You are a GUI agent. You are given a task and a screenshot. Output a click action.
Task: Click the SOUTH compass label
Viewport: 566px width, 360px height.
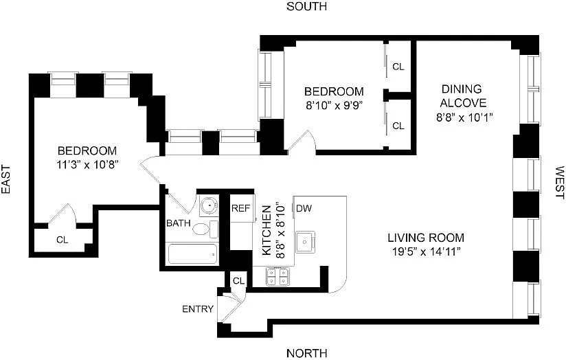click(x=306, y=6)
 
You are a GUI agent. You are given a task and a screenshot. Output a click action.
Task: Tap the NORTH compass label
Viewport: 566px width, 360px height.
click(x=307, y=352)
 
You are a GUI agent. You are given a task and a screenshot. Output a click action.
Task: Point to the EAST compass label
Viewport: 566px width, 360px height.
click(x=6, y=179)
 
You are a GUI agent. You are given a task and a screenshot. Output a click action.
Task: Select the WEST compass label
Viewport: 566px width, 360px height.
click(x=559, y=182)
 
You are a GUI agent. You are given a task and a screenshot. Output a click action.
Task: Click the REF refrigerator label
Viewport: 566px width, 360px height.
click(x=241, y=208)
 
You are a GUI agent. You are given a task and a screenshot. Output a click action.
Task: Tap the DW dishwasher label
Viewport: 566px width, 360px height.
click(x=304, y=208)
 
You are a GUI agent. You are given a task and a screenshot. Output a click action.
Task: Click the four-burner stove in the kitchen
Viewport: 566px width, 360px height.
click(x=278, y=277)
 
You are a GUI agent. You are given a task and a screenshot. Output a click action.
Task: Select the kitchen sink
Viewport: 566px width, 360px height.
click(x=306, y=242)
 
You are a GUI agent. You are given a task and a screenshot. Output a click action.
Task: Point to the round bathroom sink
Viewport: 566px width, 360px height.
click(x=210, y=205)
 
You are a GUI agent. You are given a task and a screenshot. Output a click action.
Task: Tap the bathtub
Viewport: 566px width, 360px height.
click(x=193, y=254)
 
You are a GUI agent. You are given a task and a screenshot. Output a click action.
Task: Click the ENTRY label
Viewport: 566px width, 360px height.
click(x=198, y=309)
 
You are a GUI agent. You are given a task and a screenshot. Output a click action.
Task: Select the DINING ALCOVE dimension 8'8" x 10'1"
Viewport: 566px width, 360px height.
click(x=464, y=117)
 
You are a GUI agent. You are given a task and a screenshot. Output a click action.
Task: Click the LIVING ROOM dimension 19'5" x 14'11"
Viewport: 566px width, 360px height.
click(x=427, y=251)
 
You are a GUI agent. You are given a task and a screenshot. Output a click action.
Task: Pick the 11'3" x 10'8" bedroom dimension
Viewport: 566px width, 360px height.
click(x=88, y=165)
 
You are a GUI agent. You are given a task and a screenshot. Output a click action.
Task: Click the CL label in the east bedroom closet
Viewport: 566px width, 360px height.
click(x=62, y=240)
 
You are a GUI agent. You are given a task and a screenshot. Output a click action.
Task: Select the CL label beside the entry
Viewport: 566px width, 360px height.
click(x=238, y=281)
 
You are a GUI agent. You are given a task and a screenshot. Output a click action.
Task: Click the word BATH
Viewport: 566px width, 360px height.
click(x=179, y=223)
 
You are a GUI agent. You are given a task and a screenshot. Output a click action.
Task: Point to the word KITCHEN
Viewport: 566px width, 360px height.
click(x=267, y=230)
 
